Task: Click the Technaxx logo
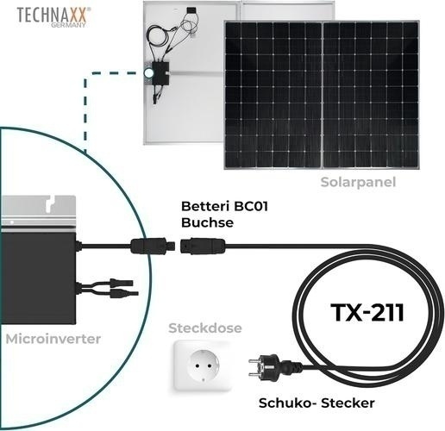click(x=53, y=17)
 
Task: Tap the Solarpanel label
click(x=358, y=182)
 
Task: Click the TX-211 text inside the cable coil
click(x=367, y=313)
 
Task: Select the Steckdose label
click(x=205, y=328)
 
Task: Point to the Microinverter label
click(x=53, y=339)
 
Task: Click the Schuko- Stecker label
click(x=317, y=403)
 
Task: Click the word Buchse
click(x=207, y=222)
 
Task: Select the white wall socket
click(x=203, y=365)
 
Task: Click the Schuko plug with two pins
click(x=274, y=366)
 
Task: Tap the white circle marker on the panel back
click(x=148, y=73)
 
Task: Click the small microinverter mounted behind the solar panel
click(x=161, y=72)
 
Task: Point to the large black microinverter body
click(x=38, y=278)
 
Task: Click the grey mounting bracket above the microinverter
click(x=38, y=213)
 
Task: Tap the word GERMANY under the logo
click(x=68, y=25)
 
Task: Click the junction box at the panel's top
click(x=190, y=10)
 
